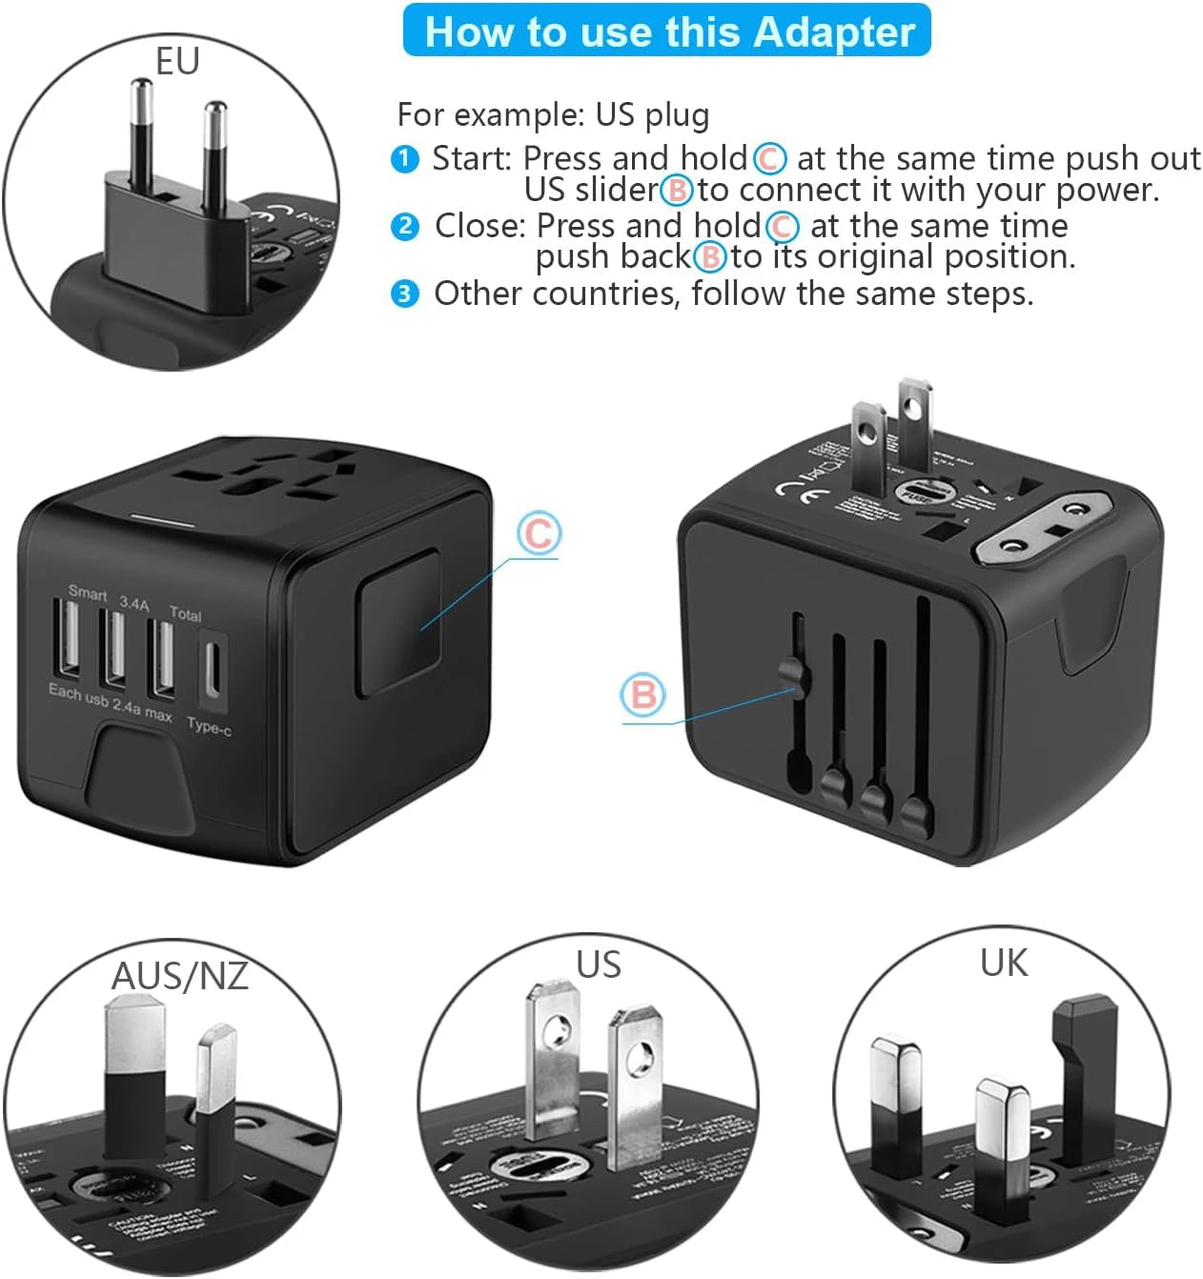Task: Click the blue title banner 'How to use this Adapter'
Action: [667, 31]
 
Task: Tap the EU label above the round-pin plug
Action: [177, 62]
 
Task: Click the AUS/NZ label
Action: [179, 976]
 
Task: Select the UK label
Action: [1004, 964]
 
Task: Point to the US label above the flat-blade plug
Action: [598, 964]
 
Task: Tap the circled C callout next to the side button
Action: [539, 533]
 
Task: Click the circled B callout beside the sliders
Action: [642, 695]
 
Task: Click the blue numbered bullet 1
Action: [405, 159]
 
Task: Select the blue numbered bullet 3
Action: [405, 294]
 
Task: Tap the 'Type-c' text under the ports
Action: [209, 726]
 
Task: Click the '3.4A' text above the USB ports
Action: [134, 603]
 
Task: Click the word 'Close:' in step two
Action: [480, 227]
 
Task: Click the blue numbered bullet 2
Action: [405, 227]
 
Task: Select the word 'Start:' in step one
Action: [472, 158]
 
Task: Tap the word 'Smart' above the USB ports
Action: [88, 593]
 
